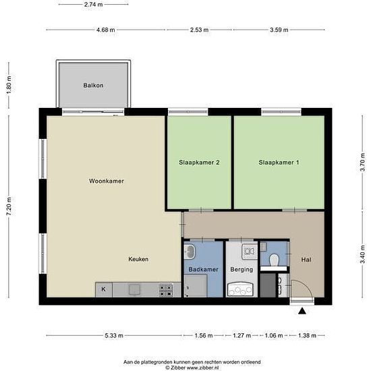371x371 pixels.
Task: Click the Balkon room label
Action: point(93,85)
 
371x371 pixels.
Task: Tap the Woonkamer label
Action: point(107,181)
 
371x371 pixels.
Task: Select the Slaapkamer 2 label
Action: point(199,163)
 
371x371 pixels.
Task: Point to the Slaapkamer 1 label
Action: point(279,163)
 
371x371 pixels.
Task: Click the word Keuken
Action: point(138,259)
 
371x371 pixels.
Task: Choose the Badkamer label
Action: point(203,269)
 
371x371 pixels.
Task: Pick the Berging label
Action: point(241,269)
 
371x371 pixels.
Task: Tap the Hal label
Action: point(306,260)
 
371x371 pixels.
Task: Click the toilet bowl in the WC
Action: point(275,260)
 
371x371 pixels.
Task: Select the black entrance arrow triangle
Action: point(302,311)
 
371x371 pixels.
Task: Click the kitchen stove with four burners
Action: point(166,290)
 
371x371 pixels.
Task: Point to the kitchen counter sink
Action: point(134,289)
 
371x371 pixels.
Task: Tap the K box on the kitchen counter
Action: point(104,289)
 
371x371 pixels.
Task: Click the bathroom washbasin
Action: point(190,252)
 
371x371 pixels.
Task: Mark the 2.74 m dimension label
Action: point(94,4)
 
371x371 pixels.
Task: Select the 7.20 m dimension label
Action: point(9,206)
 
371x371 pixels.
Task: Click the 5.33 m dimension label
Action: point(114,335)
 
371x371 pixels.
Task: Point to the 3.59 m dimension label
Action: point(279,30)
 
